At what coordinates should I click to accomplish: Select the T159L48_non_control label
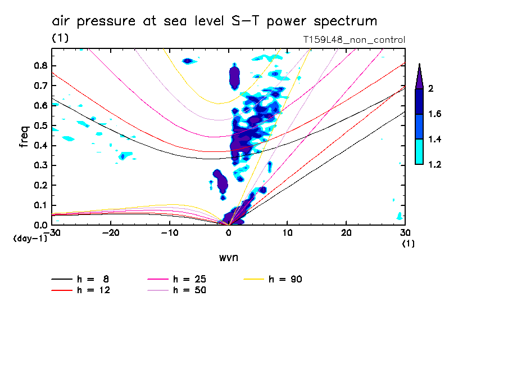point(353,40)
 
